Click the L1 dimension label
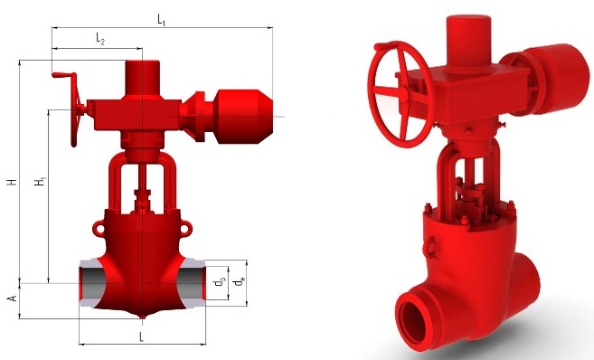[161, 20]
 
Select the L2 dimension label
[100, 39]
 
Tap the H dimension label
[13, 182]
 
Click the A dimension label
[13, 298]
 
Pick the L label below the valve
[142, 336]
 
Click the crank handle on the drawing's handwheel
[64, 75]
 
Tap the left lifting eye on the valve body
[99, 229]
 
